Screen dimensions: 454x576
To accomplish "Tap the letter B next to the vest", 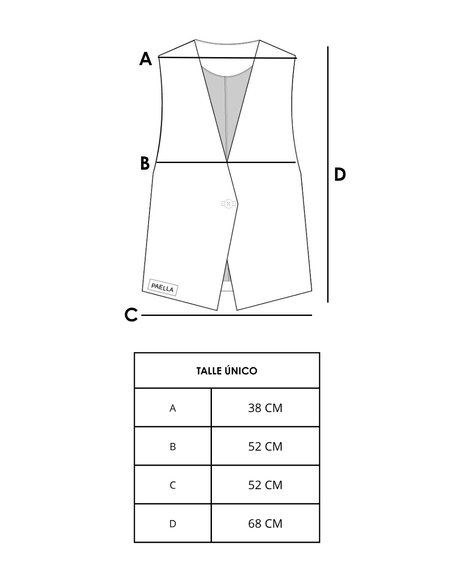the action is pos(145,163).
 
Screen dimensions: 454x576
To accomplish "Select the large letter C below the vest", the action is pos(131,315).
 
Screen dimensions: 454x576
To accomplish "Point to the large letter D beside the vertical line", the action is pos(340,175).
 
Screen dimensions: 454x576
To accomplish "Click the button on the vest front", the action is pos(228,204).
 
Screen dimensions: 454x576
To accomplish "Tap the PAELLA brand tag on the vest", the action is pos(163,287).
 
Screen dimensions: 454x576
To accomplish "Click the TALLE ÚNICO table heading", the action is pos(227,371).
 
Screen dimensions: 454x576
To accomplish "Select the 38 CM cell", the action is pos(265,408).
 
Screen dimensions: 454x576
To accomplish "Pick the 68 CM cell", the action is pos(265,524).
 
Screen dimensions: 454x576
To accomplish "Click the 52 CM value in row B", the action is pos(265,447).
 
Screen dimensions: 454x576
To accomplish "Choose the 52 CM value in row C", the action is pos(265,485).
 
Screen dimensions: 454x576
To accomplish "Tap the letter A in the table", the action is pos(173,409).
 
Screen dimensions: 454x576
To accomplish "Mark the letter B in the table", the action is pos(173,447).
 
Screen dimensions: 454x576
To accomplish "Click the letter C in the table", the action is pos(173,486).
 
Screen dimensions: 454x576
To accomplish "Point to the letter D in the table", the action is pos(173,524).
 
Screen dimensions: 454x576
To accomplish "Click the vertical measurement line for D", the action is pos(328,174).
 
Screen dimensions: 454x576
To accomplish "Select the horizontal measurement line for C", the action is pos(227,315).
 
